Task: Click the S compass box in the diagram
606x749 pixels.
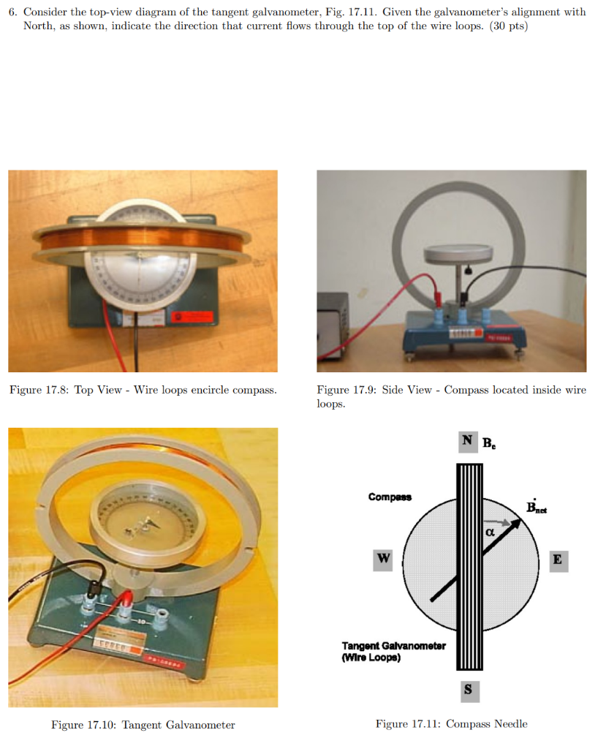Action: (x=468, y=688)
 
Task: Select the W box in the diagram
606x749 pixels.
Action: (x=382, y=560)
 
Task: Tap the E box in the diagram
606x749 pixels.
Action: (x=558, y=560)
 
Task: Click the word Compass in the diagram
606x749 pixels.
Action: (x=390, y=497)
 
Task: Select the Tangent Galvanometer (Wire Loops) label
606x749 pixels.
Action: (x=393, y=651)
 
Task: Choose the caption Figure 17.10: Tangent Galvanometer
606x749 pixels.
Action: (x=143, y=725)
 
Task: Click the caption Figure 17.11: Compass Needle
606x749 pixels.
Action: (x=451, y=724)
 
